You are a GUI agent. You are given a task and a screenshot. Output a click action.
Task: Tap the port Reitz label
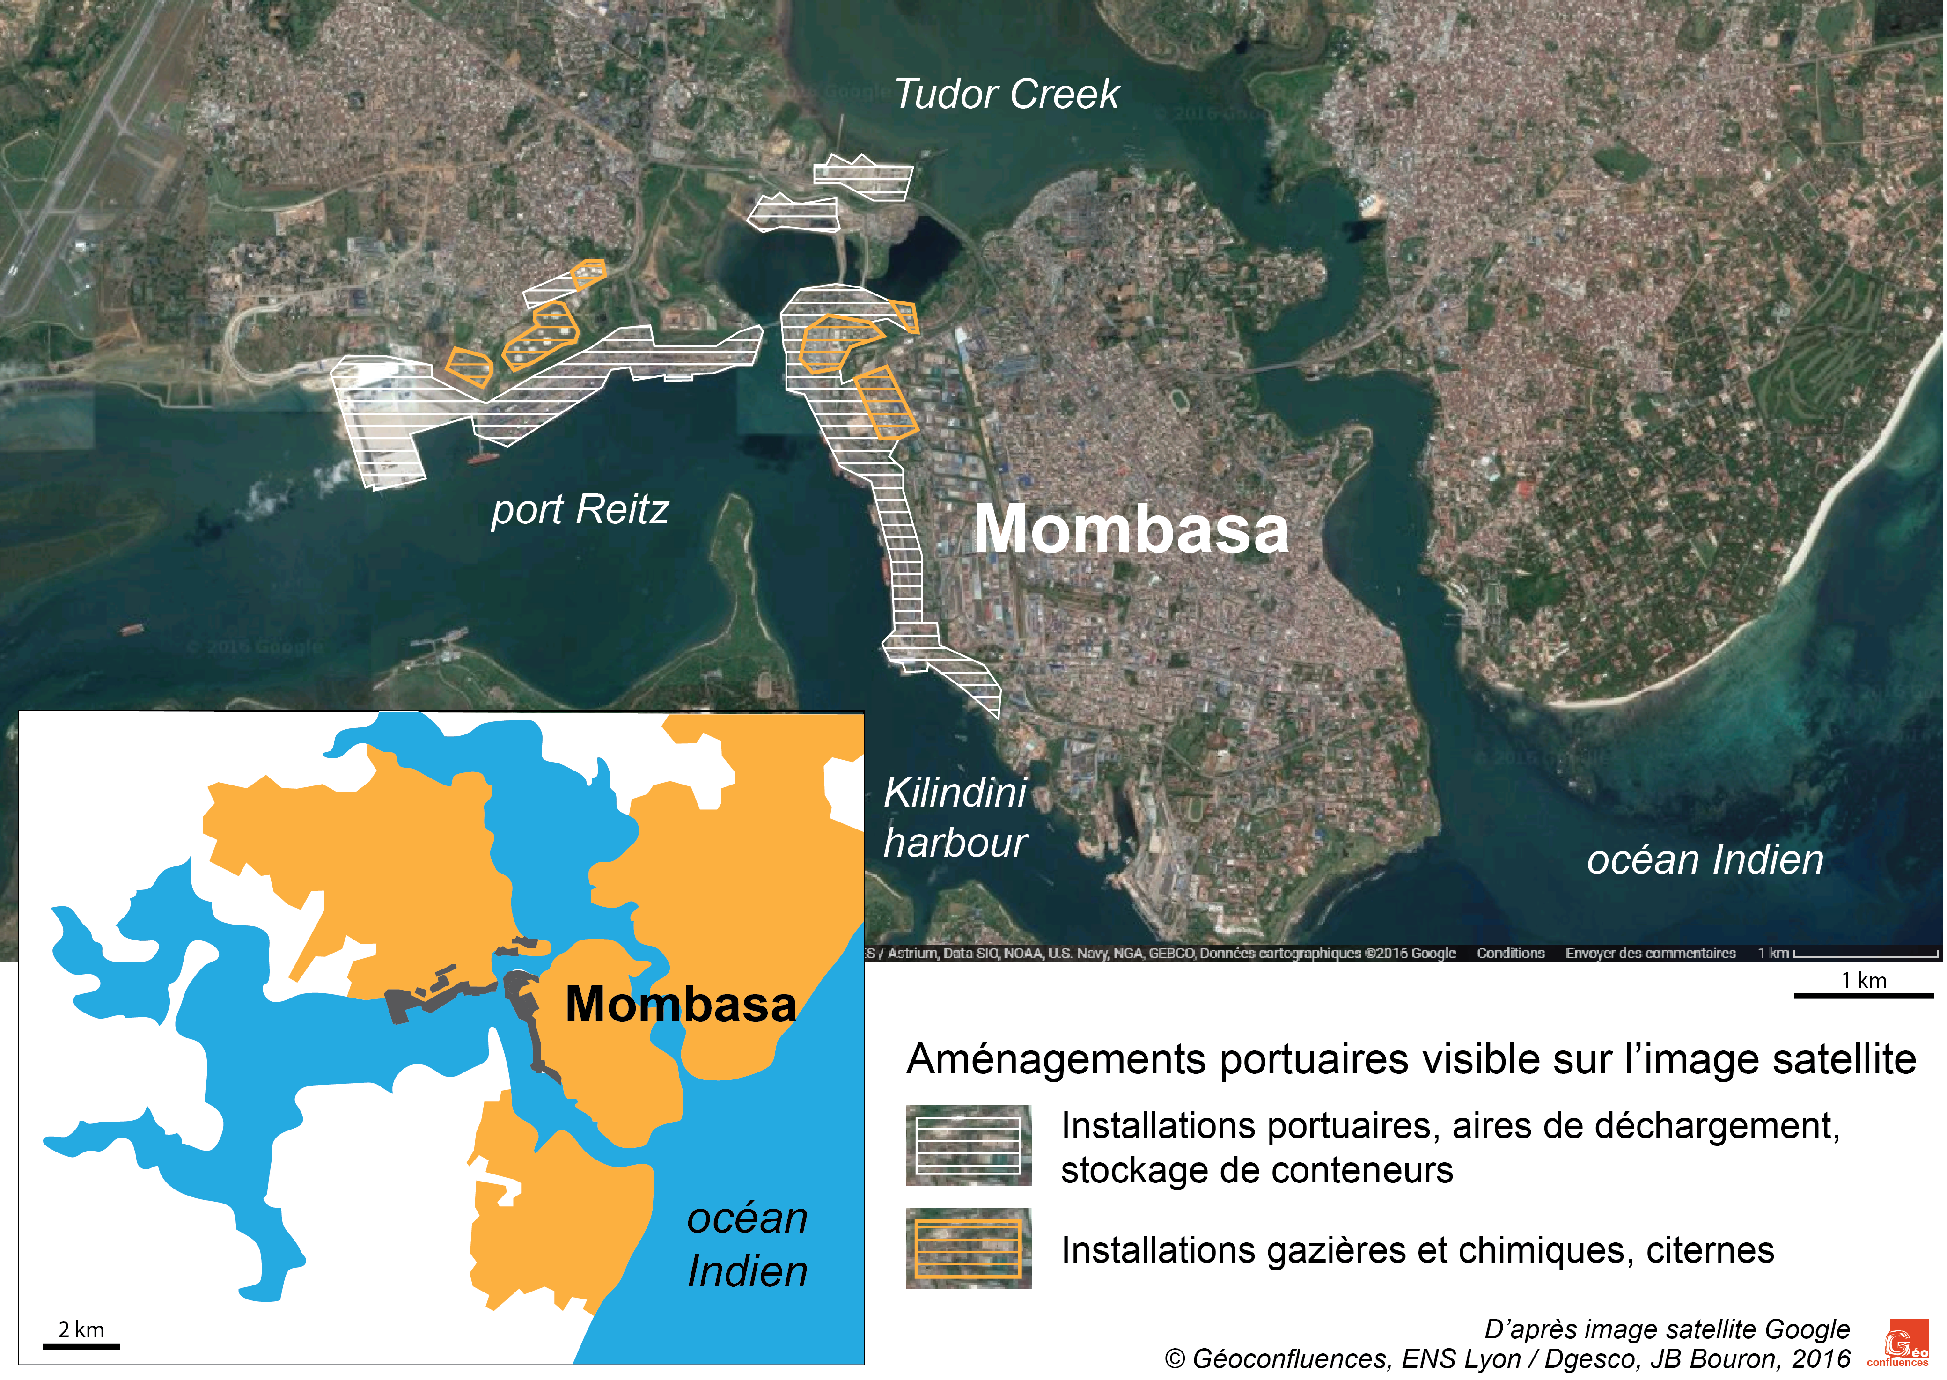coord(580,510)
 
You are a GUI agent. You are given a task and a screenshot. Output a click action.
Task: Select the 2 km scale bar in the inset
coord(81,1346)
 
